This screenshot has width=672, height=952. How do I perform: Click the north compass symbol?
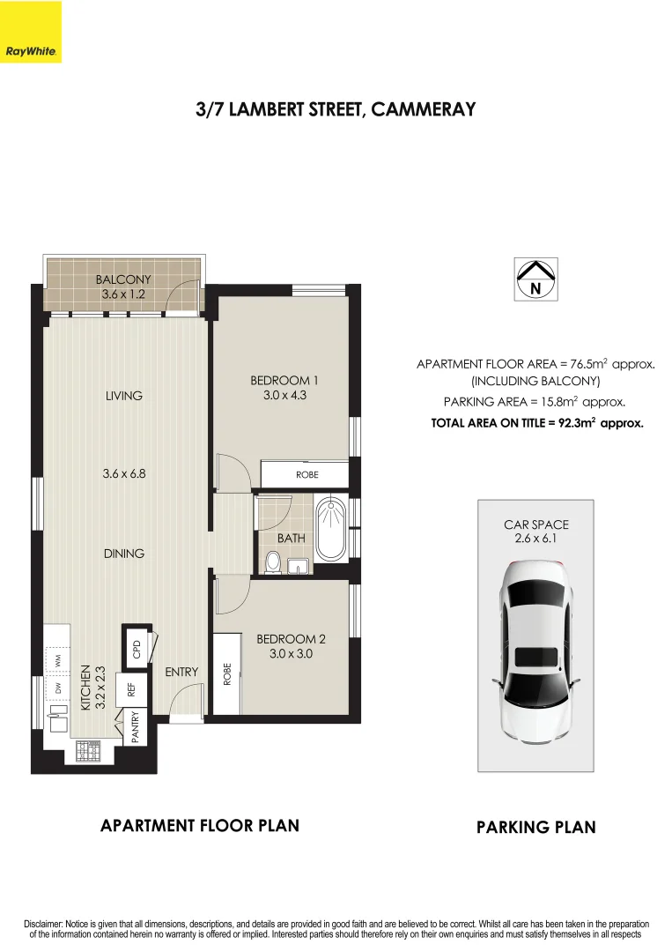click(535, 279)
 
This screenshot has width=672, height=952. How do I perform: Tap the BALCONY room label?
click(123, 280)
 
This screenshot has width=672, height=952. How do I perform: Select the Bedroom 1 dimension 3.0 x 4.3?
click(284, 396)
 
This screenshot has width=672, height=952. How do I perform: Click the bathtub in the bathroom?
click(331, 529)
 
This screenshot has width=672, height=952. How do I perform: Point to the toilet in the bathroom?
click(273, 562)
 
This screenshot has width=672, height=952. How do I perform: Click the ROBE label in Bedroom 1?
click(306, 474)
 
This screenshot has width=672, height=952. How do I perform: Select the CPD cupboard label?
click(137, 650)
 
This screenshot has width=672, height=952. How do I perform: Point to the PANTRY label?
click(136, 728)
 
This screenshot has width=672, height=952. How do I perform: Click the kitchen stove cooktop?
click(91, 751)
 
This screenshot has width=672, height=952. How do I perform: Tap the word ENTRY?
click(182, 672)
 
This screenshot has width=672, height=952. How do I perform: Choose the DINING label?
click(123, 554)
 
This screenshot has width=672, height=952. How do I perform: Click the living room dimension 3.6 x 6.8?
click(123, 473)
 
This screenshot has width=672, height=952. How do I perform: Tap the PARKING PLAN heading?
click(535, 827)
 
